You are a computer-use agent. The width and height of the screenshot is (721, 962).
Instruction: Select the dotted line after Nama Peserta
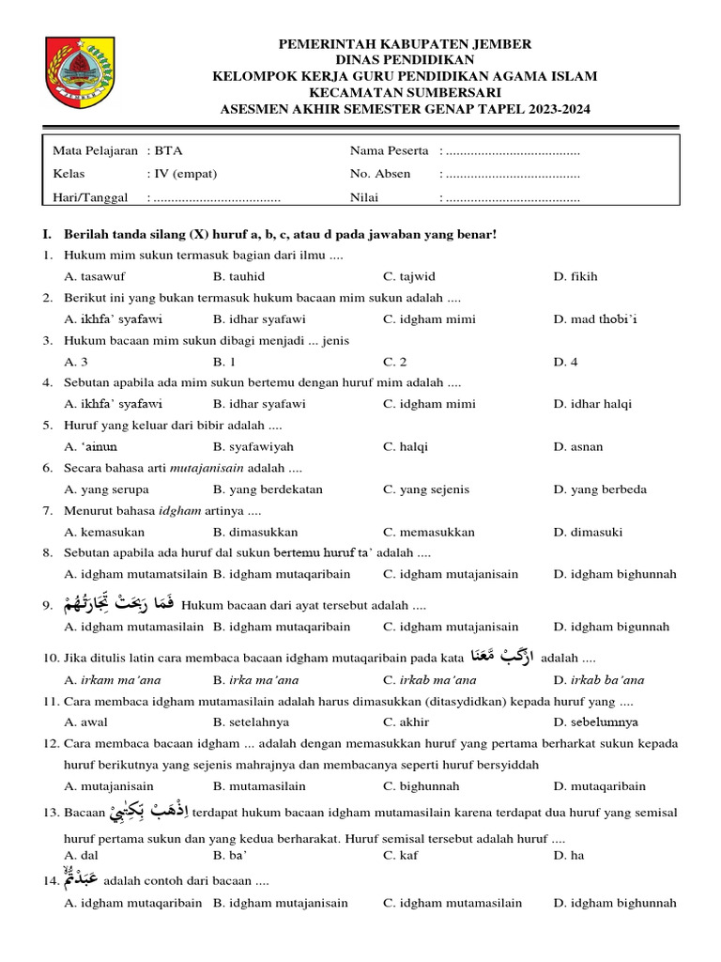(513, 150)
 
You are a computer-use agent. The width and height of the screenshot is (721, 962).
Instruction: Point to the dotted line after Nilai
(513, 198)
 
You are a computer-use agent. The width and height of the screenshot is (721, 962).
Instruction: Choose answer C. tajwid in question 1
(408, 276)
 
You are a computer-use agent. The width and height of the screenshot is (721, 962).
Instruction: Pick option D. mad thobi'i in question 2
(595, 319)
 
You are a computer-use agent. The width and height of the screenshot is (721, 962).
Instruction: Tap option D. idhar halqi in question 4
(592, 404)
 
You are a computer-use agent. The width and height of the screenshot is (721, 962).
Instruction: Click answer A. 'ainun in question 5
(91, 447)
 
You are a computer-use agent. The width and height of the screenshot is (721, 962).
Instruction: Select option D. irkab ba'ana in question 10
(599, 679)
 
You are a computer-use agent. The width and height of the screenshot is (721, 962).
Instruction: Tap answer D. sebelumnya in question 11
(595, 721)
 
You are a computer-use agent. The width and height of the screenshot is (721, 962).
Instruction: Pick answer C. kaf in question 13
(401, 855)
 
